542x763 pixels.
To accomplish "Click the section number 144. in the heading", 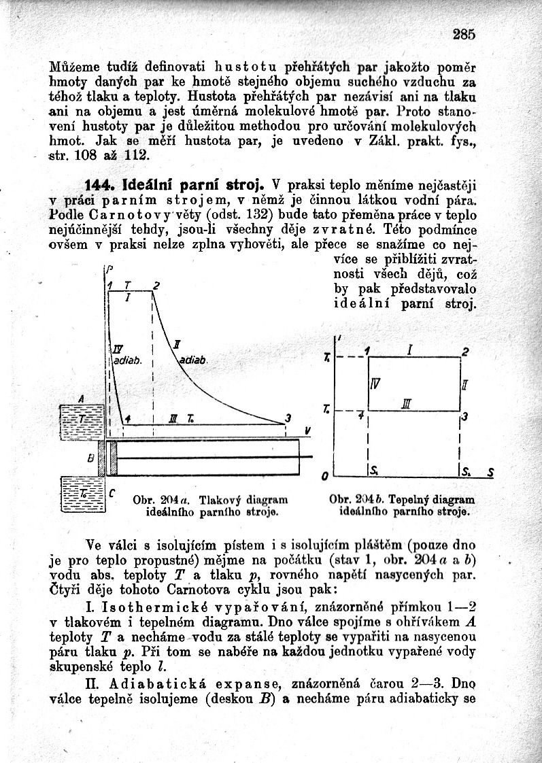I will point(101,184).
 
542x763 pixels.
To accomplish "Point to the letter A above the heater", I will point(82,397).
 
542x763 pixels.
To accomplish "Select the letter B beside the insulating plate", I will point(90,458).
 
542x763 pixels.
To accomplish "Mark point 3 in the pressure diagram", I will point(288,418).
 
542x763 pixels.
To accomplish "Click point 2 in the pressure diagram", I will point(156,286).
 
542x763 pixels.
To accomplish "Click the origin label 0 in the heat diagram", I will point(326,474).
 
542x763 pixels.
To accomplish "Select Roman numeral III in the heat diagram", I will point(406,404).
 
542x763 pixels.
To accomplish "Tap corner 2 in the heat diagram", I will point(465,352).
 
